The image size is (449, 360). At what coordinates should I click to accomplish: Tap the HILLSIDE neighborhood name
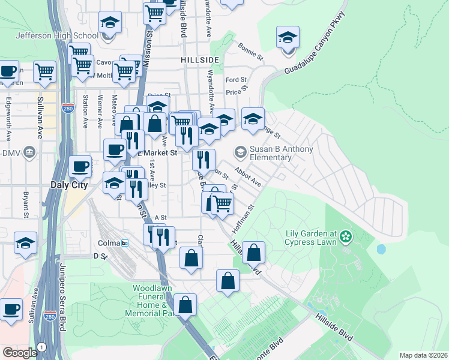point(198,61)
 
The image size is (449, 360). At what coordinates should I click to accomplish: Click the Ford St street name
point(236,80)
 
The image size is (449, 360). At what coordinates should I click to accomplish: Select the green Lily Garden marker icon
point(345,237)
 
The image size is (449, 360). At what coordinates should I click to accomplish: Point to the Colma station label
point(109,243)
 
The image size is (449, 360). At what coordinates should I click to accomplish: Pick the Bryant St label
point(26,205)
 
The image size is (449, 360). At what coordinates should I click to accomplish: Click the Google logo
point(20,352)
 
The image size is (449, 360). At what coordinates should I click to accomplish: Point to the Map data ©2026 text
point(423,355)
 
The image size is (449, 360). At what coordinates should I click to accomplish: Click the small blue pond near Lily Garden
point(381,248)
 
